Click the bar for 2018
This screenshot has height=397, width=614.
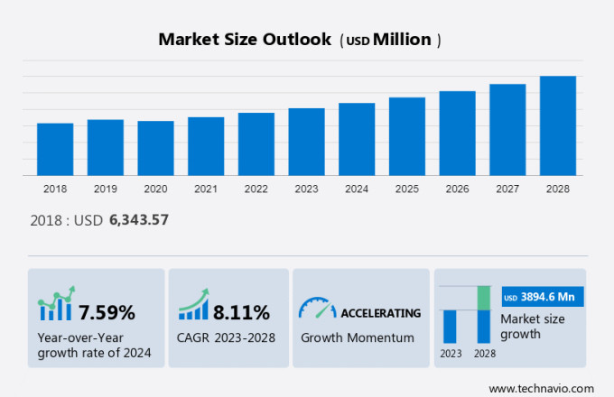click(x=55, y=149)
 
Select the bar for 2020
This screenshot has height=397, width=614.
click(x=155, y=148)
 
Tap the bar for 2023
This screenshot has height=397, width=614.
click(x=306, y=142)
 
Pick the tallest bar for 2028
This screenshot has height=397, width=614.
click(x=558, y=125)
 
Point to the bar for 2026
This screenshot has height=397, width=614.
click(x=457, y=133)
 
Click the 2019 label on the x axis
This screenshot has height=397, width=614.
click(x=105, y=189)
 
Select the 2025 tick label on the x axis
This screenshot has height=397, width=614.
click(x=407, y=189)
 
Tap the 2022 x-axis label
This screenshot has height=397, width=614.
click(x=256, y=189)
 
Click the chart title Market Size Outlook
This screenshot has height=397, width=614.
click(x=244, y=41)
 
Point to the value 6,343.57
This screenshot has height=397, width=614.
click(x=138, y=219)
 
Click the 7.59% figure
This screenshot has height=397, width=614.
click(x=107, y=313)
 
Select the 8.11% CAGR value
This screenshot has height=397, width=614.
click(x=241, y=313)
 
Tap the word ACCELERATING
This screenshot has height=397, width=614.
click(x=380, y=313)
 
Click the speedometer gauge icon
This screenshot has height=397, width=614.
click(x=317, y=309)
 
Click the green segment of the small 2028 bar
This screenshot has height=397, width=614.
click(x=483, y=298)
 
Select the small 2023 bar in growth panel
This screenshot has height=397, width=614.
click(x=449, y=326)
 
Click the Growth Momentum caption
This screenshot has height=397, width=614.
click(x=357, y=337)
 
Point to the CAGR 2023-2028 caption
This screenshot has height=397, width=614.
click(x=227, y=337)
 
